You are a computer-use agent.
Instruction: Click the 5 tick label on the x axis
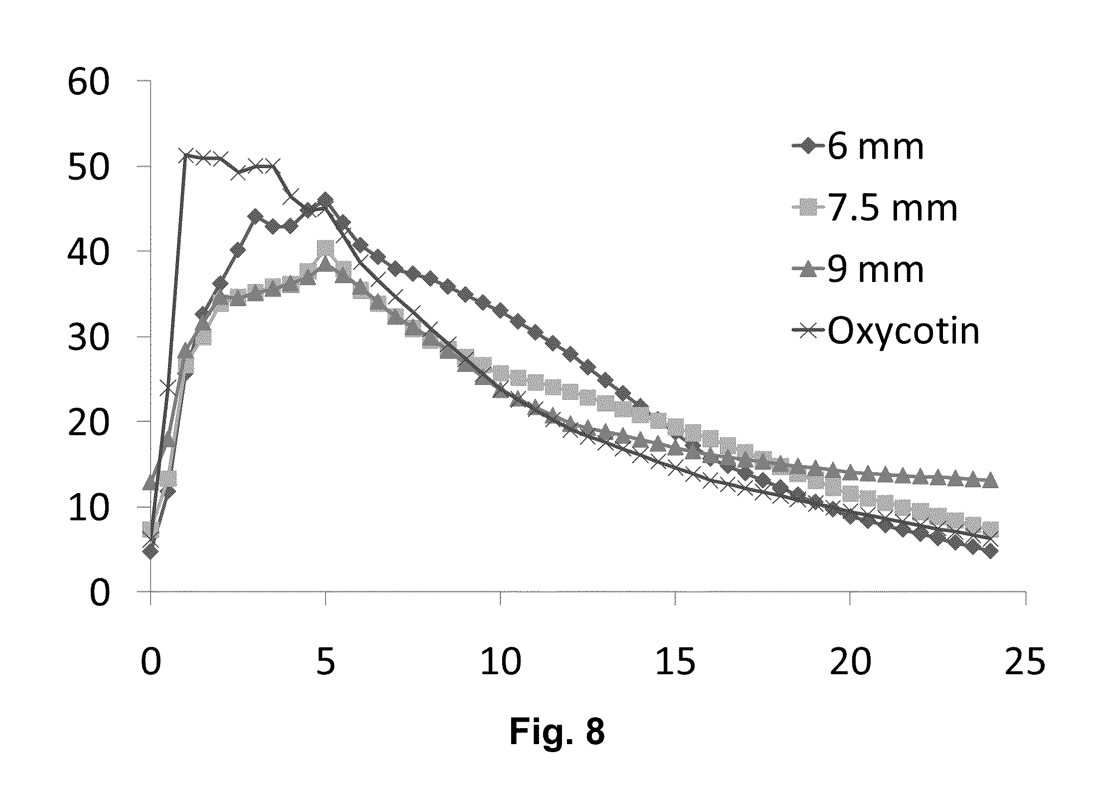click(x=325, y=662)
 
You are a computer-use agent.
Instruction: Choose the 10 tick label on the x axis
click(x=501, y=662)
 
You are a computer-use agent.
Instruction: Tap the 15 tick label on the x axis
click(x=676, y=662)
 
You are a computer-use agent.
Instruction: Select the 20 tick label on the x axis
click(x=851, y=662)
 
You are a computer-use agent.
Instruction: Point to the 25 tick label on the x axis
click(x=1025, y=662)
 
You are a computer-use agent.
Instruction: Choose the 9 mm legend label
click(x=876, y=270)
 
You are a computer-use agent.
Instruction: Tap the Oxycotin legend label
click(x=904, y=331)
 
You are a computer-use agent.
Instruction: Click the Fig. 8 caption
click(x=556, y=732)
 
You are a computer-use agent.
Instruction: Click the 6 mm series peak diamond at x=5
click(x=325, y=200)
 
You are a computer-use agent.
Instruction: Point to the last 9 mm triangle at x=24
click(x=991, y=481)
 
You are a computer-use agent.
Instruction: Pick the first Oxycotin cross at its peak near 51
click(x=186, y=156)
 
